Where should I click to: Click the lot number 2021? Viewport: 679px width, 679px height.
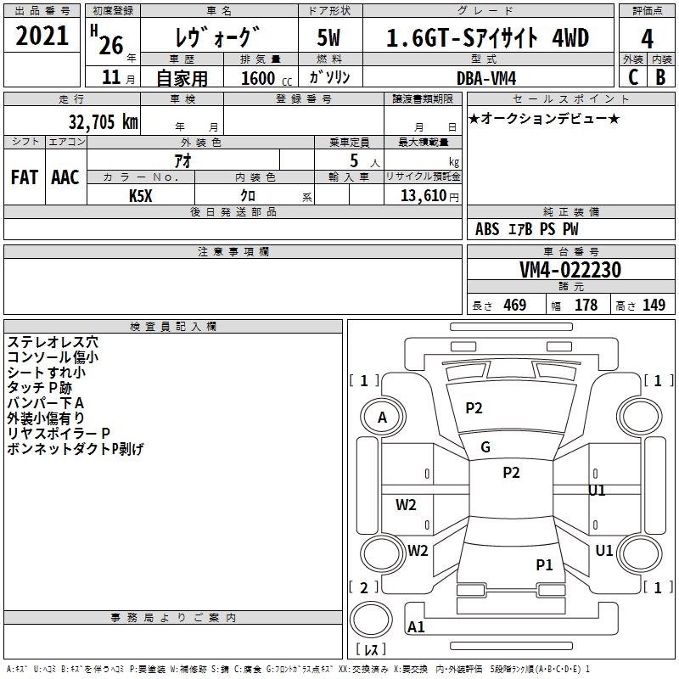(42, 36)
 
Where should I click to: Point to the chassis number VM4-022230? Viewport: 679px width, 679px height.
(570, 270)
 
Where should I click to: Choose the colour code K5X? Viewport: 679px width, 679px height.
(141, 195)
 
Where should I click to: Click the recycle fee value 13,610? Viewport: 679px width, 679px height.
(423, 195)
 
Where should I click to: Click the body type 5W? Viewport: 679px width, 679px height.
(329, 38)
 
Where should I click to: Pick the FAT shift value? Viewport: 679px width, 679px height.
(25, 177)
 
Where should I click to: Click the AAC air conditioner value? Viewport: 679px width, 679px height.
(65, 177)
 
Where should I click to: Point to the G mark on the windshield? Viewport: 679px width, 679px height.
(485, 447)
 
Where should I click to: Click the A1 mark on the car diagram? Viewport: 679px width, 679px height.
(416, 627)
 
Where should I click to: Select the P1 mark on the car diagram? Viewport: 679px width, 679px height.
(544, 564)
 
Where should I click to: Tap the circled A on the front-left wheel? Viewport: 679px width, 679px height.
(382, 418)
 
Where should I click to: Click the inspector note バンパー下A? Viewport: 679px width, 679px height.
(46, 402)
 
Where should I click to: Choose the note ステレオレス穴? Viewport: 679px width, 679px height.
(53, 342)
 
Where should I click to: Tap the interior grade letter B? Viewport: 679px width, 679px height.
(660, 77)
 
